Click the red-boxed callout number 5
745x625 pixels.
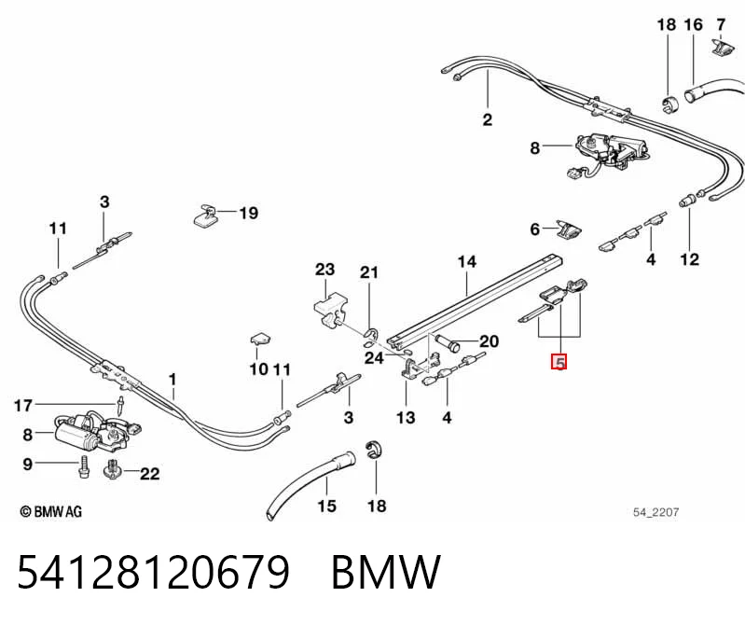[559, 363]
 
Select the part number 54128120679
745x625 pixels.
[154, 572]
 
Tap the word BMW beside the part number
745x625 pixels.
[386, 572]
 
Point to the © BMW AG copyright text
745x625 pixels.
[51, 511]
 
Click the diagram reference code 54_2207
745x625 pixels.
[655, 512]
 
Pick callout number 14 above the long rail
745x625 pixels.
[466, 261]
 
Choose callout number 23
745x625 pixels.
[325, 270]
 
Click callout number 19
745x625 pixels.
[249, 213]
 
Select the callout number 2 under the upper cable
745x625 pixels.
[488, 119]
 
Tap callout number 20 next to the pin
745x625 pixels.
[489, 341]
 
